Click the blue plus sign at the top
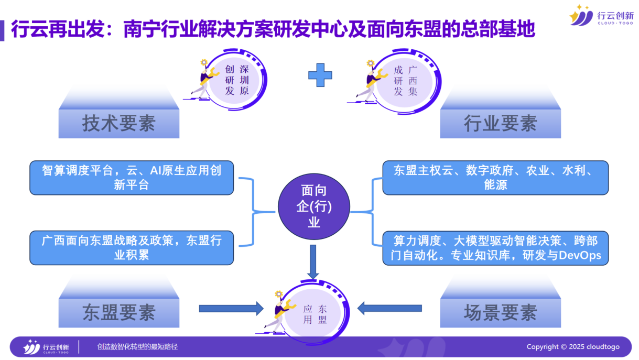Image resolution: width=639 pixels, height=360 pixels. pyautogui.click(x=320, y=75)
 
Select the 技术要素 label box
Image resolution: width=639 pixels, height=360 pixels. pyautogui.click(x=119, y=124)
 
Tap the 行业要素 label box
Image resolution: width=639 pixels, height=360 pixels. pyautogui.click(x=500, y=124)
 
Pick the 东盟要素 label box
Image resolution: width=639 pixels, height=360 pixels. pyautogui.click(x=119, y=313)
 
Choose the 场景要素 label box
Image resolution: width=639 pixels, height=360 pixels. pyautogui.click(x=500, y=313)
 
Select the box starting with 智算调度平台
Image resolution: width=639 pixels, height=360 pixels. pyautogui.click(x=132, y=178)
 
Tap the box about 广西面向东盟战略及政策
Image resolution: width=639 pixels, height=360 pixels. pyautogui.click(x=132, y=247)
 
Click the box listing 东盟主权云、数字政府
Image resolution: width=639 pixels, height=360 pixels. pyautogui.click(x=495, y=178)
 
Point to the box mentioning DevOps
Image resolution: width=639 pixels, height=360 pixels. pyautogui.click(x=495, y=247)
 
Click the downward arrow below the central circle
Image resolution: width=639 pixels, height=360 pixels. pyautogui.click(x=313, y=261)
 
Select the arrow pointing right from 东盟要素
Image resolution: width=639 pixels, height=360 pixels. pyautogui.click(x=231, y=308)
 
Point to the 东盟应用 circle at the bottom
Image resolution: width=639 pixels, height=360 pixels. pyautogui.click(x=315, y=313)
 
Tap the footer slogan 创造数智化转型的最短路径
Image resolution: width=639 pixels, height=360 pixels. pyautogui.click(x=138, y=347)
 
